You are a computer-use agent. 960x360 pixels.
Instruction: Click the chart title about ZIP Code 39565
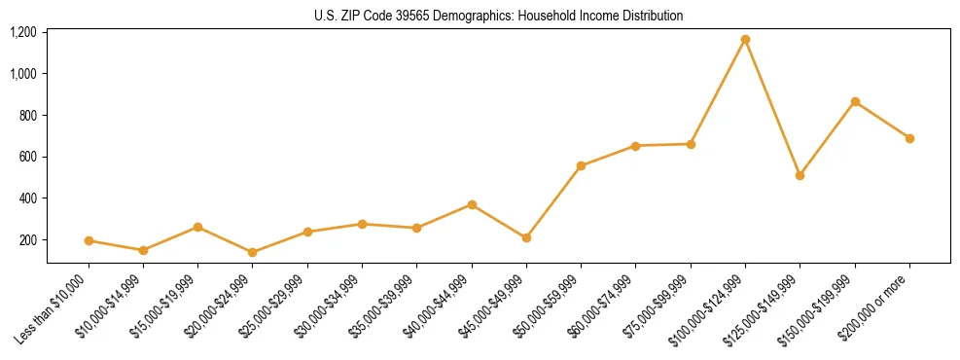point(498,16)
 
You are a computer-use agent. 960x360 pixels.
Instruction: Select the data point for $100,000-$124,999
point(745,40)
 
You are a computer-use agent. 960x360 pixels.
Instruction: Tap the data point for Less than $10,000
point(89,240)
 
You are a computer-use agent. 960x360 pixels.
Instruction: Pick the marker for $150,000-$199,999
point(855,101)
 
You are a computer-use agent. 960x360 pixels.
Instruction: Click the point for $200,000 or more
point(909,138)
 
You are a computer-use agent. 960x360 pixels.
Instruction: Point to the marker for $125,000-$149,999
point(800,175)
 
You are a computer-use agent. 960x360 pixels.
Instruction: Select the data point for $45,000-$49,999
point(526,237)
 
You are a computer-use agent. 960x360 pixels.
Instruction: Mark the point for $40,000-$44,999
point(472,204)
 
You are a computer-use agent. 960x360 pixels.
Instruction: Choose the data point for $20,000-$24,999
point(253,252)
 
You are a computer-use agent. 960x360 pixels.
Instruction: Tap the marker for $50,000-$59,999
point(581,165)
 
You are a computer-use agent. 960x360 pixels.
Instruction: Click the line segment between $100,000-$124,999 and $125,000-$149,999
point(772,107)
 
